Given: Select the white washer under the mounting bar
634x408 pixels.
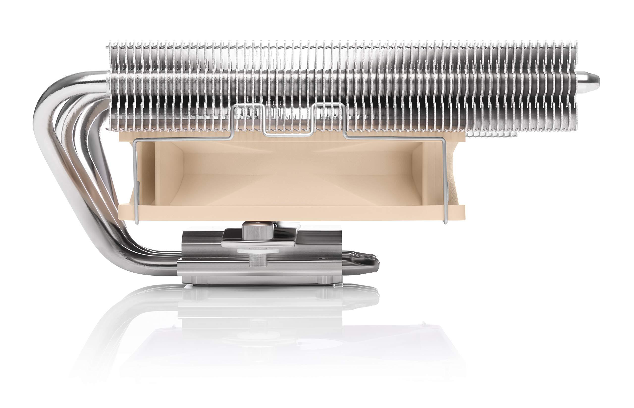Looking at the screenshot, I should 252,250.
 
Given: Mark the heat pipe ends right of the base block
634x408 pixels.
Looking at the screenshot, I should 361,265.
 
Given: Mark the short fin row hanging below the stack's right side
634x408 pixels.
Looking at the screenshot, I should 491,135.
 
